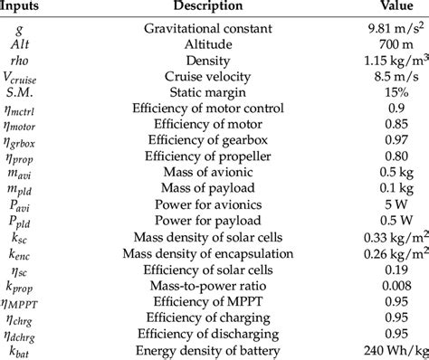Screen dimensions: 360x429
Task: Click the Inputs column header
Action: [25, 8]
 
